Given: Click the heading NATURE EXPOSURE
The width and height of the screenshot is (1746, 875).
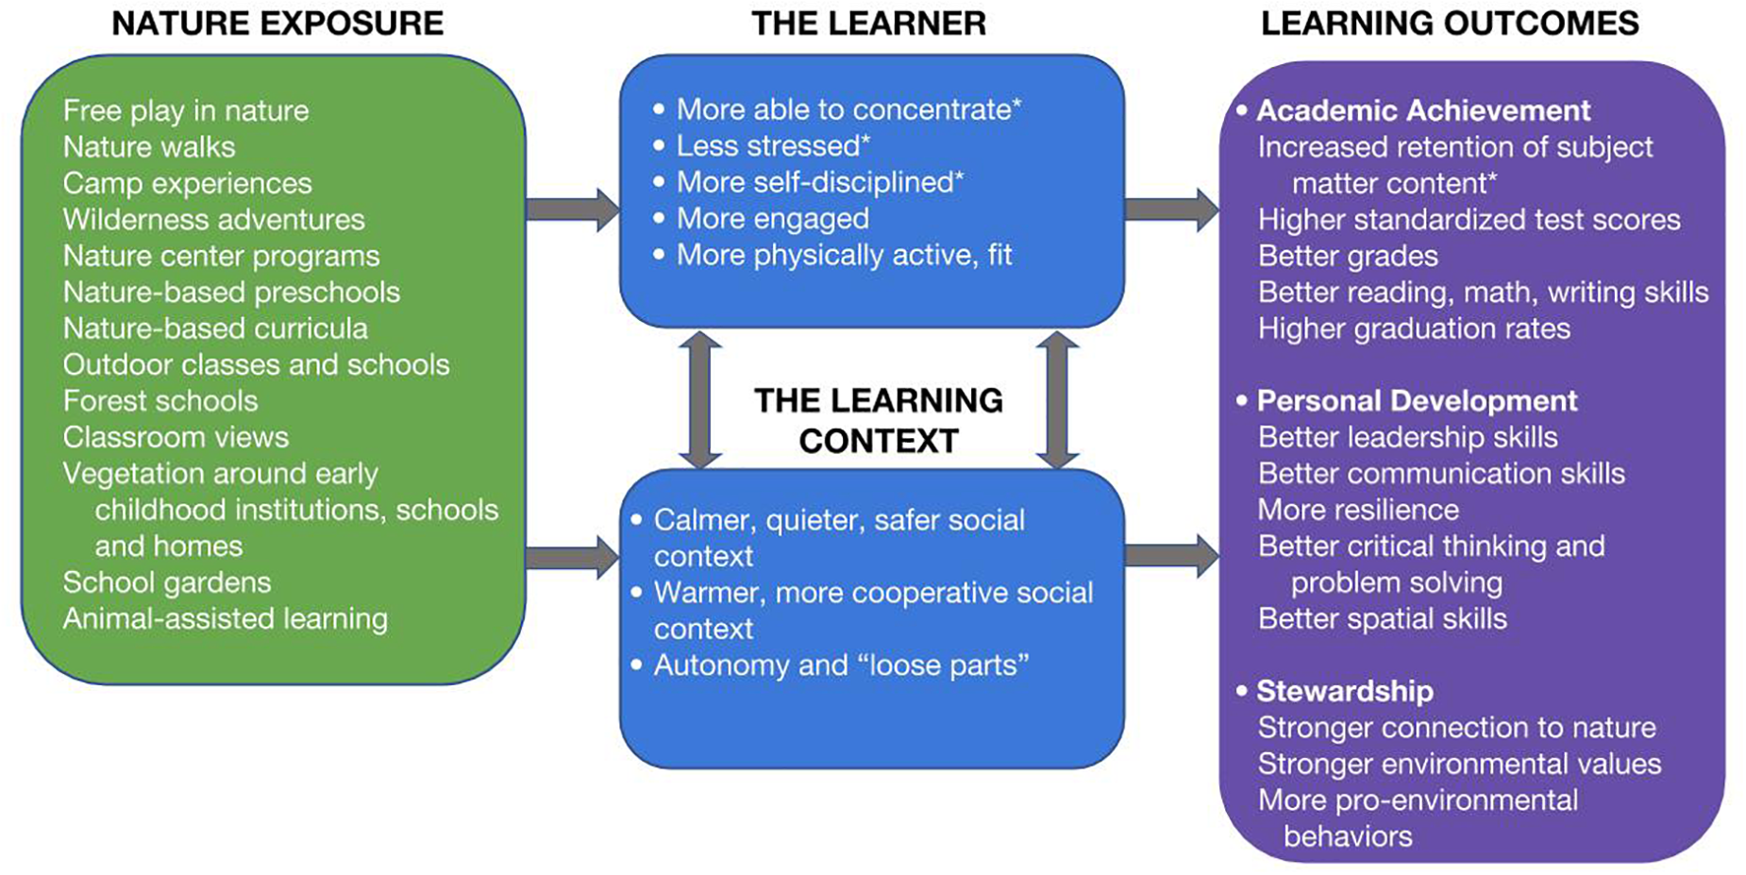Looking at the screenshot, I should tap(277, 24).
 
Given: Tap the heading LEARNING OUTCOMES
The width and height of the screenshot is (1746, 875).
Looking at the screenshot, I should tap(1450, 24).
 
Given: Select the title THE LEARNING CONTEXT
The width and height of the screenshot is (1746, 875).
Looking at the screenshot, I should tap(878, 420).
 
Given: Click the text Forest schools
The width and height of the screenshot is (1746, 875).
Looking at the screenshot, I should tap(160, 401).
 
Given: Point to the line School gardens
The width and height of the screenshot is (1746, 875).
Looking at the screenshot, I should tap(167, 582).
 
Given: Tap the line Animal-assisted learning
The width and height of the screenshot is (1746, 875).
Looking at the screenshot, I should tap(226, 619).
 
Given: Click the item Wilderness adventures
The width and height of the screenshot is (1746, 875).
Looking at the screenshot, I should tap(214, 220).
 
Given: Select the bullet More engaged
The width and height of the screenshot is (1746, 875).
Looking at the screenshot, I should tap(772, 219).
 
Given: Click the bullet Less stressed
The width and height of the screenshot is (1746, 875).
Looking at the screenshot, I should tap(772, 146).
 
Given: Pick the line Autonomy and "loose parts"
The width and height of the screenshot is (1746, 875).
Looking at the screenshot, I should tap(840, 665).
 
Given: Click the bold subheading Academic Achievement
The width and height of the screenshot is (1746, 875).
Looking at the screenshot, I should tap(1423, 110).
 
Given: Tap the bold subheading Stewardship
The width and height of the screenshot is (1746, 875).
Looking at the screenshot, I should tap(1344, 691).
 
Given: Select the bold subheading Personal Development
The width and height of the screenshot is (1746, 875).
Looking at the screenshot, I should tap(1416, 401).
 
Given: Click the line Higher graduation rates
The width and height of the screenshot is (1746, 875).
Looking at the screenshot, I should tap(1414, 328).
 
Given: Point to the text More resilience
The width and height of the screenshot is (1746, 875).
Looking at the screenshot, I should tap(1358, 510).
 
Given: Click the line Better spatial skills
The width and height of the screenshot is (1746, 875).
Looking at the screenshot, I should tap(1383, 619).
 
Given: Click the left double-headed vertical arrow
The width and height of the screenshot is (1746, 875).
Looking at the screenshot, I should tap(700, 399).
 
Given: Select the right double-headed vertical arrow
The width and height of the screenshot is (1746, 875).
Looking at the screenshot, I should tap(1057, 399).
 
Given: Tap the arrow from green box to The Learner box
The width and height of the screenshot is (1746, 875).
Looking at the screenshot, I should tap(572, 209).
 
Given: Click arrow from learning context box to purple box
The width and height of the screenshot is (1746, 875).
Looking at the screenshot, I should tap(1171, 556).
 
